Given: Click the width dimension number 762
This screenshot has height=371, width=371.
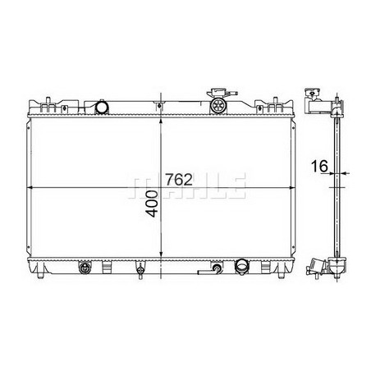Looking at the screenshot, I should pos(182,178).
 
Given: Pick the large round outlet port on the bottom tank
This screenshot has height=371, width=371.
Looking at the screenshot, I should pos(243,267).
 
